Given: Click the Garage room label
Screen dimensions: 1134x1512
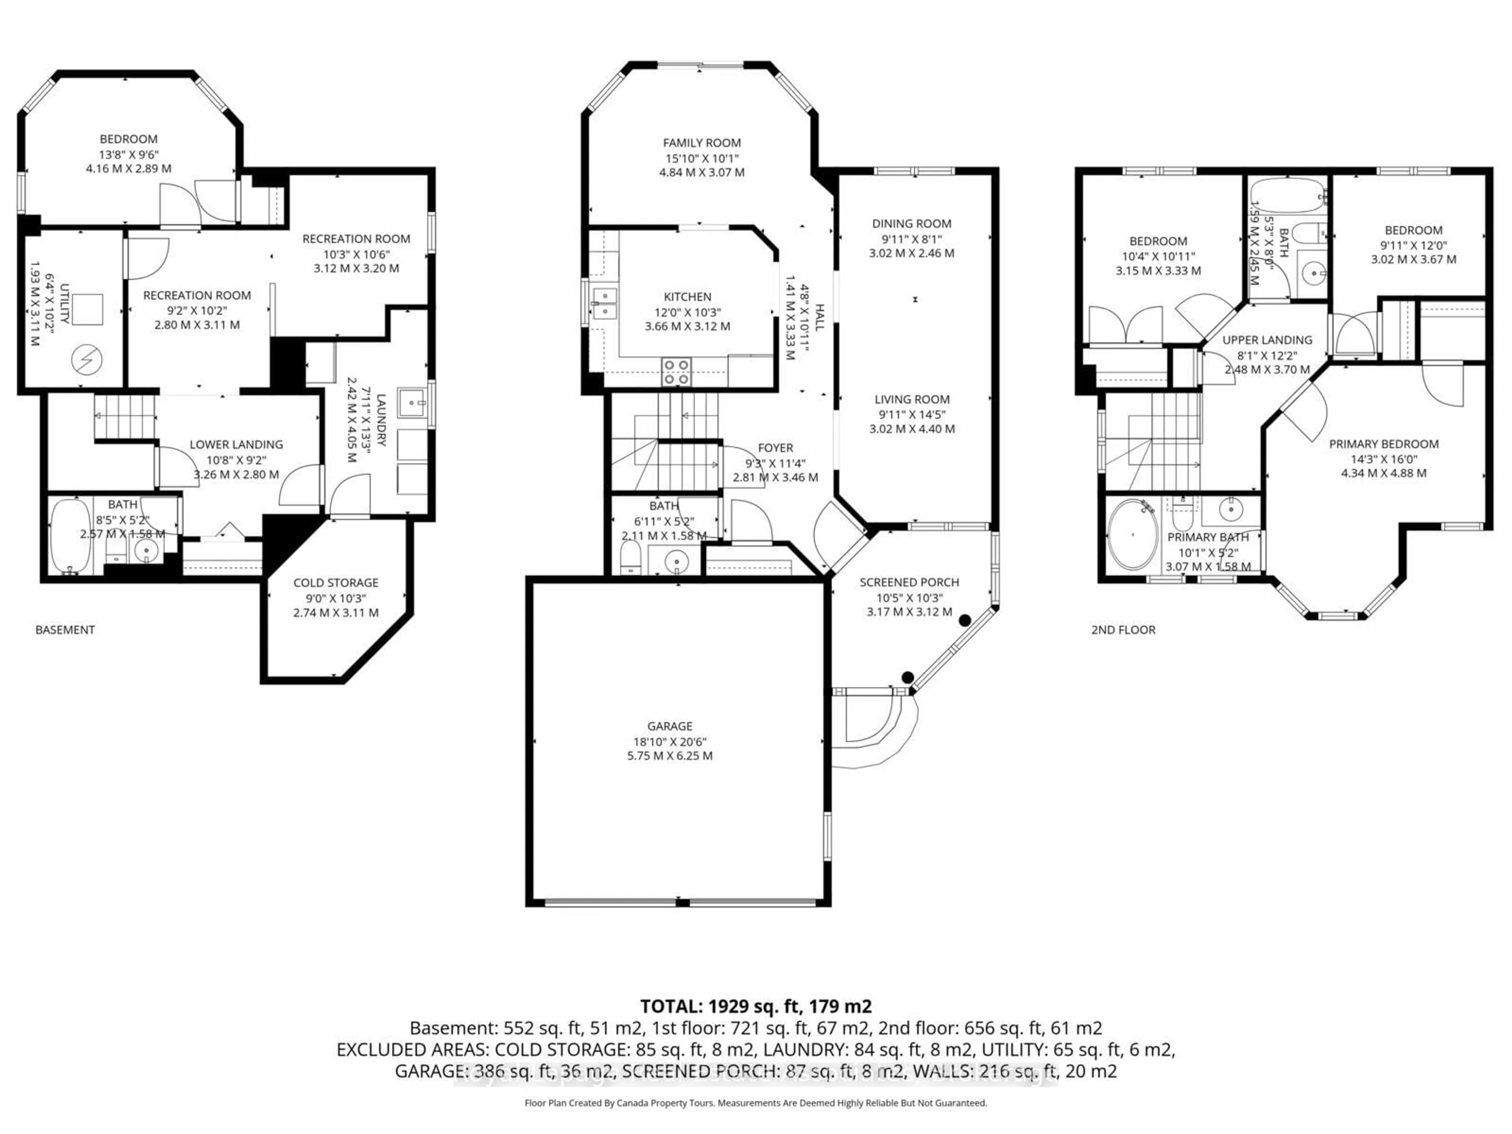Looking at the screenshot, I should tap(670, 726).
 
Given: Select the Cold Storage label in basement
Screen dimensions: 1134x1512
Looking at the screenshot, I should tap(335, 582).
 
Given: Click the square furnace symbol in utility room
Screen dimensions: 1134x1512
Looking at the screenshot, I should tap(87, 309).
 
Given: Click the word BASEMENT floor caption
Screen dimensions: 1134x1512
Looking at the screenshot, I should tap(65, 630).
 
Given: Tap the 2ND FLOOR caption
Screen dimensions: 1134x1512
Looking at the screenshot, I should tap(1123, 630).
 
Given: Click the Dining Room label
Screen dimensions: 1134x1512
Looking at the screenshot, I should tap(911, 224).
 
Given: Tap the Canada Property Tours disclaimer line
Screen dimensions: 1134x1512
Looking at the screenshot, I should tap(755, 1102).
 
